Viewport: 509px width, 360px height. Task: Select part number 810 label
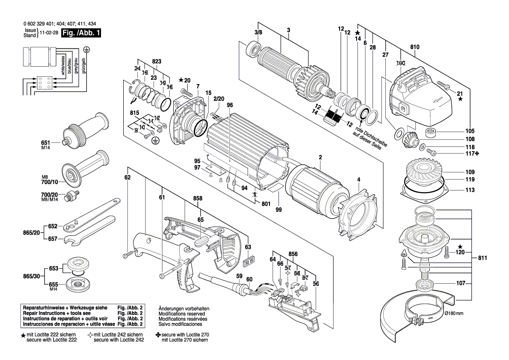(414, 47)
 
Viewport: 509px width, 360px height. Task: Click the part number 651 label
(46, 143)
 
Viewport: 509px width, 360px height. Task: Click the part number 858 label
(198, 198)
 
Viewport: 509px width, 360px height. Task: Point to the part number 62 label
(127, 177)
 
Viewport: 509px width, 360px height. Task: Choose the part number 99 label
(278, 210)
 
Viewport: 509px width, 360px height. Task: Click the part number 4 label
(358, 180)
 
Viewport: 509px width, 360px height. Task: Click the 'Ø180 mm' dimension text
(452, 313)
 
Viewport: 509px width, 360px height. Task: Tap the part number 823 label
(156, 61)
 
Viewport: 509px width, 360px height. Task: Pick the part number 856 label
(293, 254)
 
